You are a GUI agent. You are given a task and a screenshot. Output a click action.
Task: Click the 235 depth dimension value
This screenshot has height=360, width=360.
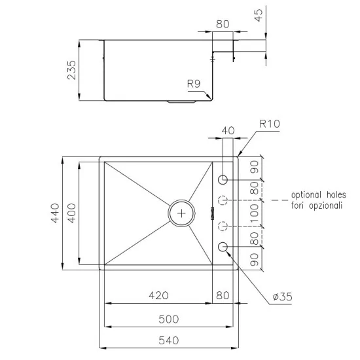(x=72, y=70)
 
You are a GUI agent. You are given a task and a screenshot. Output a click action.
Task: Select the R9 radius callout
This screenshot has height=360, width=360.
(x=193, y=83)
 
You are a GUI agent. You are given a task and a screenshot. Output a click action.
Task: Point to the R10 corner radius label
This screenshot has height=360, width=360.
(x=269, y=122)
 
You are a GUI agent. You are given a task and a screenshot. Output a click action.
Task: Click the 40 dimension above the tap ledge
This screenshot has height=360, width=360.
(x=228, y=130)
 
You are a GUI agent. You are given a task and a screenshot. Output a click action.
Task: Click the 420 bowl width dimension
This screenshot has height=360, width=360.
(x=158, y=295)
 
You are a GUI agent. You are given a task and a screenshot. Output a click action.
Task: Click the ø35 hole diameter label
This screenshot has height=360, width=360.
(x=281, y=297)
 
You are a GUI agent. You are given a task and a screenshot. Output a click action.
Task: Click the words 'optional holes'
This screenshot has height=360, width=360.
(x=316, y=195)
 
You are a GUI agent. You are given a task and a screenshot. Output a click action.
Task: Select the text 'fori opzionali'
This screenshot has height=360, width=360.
(x=316, y=205)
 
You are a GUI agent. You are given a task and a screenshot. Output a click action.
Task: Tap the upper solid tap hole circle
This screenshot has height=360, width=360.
(x=223, y=179)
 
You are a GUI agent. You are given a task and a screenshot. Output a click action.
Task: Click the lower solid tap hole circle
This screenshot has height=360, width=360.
(x=223, y=246)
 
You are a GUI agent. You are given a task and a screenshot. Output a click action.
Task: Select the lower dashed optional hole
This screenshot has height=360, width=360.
(x=223, y=226)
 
